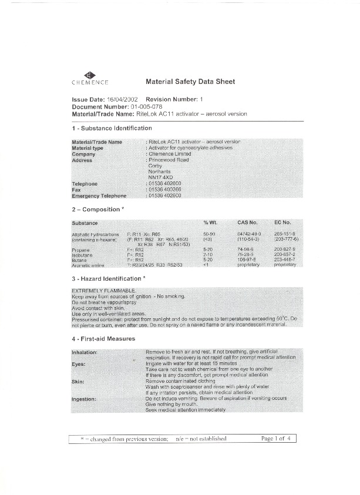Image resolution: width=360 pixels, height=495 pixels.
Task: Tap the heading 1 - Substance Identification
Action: pos(112,128)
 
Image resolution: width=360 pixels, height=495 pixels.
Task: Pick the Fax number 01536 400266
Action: pos(164,190)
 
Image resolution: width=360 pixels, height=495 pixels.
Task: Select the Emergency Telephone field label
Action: pos(99,196)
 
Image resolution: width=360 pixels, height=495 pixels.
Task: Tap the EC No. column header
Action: pos(282,223)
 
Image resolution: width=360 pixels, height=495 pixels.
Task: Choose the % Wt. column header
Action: pos(210,223)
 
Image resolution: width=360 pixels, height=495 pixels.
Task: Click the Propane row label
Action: pos(80,250)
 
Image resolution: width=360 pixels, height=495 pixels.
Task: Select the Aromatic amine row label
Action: pos(88,265)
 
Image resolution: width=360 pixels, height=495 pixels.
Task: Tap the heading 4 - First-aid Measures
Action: pos(103,339)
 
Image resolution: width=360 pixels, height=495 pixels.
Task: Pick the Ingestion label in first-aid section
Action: pos(84,399)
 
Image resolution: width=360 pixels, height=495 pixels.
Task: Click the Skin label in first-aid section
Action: pos(78,382)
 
